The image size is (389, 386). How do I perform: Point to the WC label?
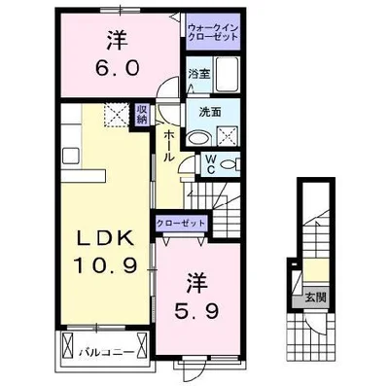[x=211, y=164]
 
